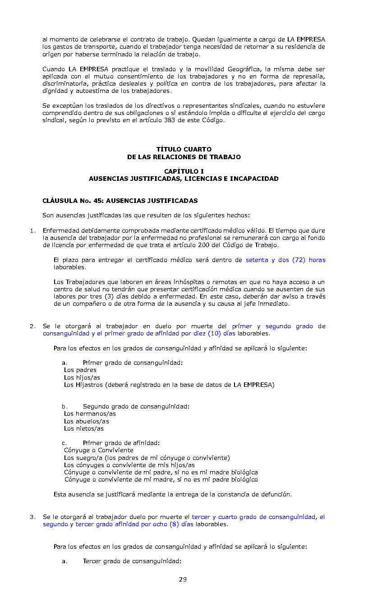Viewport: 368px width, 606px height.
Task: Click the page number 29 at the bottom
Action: pyautogui.click(x=183, y=579)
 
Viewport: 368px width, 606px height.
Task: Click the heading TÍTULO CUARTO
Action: pyautogui.click(x=184, y=149)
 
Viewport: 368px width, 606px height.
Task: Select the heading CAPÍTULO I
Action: pyautogui.click(x=184, y=171)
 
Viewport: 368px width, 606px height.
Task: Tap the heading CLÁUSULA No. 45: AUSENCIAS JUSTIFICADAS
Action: pyautogui.click(x=120, y=201)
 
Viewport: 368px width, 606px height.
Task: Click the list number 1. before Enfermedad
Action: pyautogui.click(x=32, y=231)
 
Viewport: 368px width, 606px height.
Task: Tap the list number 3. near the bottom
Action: pyautogui.click(x=32, y=517)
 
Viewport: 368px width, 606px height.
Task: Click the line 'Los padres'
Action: pyautogui.click(x=80, y=370)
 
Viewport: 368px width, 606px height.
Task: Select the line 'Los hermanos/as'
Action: pyautogui.click(x=90, y=414)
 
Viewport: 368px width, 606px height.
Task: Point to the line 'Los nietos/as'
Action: pyautogui.click(x=84, y=429)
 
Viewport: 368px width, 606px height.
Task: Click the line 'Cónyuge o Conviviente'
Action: pyautogui.click(x=99, y=450)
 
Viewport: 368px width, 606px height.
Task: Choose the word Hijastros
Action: pyautogui.click(x=90, y=385)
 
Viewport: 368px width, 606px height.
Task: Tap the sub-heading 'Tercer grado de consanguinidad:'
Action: pyautogui.click(x=132, y=561)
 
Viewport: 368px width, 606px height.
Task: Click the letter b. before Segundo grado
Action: pyautogui.click(x=65, y=407)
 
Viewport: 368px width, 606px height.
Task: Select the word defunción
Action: pyautogui.click(x=276, y=495)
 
